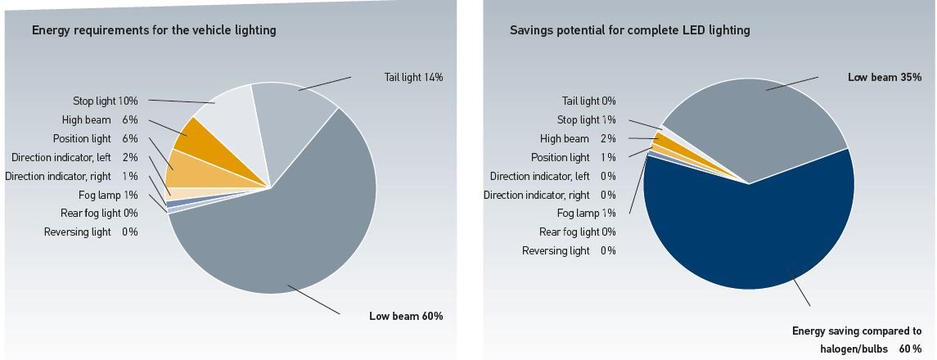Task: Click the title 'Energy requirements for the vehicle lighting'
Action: tap(154, 30)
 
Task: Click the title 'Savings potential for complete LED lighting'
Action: tap(629, 30)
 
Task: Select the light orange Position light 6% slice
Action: tap(182, 167)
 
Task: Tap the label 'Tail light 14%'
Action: tap(413, 77)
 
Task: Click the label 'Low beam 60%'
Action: tap(406, 316)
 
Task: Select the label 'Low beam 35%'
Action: tap(885, 77)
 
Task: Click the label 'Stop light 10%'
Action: tap(106, 101)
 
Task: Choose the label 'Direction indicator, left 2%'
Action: tap(74, 157)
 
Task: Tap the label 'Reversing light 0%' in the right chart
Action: tap(569, 250)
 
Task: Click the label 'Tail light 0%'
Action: tap(588, 101)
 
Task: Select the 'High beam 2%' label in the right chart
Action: tap(578, 138)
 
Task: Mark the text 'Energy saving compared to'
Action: tap(856, 331)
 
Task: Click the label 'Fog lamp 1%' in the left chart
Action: tap(108, 195)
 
